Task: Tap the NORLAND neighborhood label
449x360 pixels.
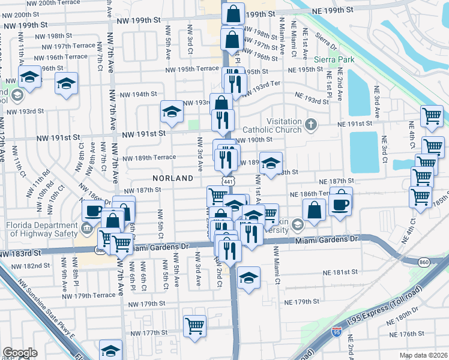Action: pyautogui.click(x=173, y=178)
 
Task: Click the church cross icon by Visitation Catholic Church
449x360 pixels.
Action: pyautogui.click(x=310, y=125)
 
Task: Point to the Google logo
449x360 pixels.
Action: pyautogui.click(x=20, y=353)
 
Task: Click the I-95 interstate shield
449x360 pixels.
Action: pyautogui.click(x=336, y=331)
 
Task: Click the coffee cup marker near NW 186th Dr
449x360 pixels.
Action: pyautogui.click(x=94, y=211)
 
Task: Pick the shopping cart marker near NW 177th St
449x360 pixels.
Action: pyautogui.click(x=194, y=326)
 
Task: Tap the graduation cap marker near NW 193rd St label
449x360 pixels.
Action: pyautogui.click(x=172, y=112)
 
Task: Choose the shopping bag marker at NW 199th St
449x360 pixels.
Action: pyautogui.click(x=232, y=14)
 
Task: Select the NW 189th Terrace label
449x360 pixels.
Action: pyautogui.click(x=149, y=158)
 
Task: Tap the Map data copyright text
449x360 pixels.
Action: pyautogui.click(x=422, y=355)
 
